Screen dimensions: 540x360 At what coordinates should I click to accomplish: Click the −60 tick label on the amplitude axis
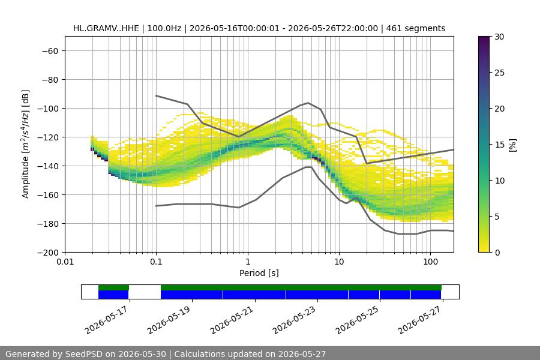click(x=50, y=51)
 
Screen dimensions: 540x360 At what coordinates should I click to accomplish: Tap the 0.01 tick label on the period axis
click(x=65, y=262)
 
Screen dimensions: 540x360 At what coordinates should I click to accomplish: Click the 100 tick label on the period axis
click(x=430, y=262)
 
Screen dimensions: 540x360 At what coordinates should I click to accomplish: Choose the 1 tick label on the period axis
click(x=248, y=262)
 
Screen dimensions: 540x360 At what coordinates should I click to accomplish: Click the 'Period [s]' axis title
click(x=259, y=273)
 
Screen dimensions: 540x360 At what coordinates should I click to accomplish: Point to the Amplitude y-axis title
click(x=26, y=144)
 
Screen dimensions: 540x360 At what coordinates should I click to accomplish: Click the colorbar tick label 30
click(x=499, y=37)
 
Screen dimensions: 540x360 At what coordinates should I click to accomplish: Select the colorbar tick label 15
click(x=499, y=145)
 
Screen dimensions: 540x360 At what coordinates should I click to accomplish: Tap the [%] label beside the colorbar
click(x=513, y=145)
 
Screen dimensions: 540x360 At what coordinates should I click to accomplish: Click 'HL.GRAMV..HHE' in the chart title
click(x=106, y=28)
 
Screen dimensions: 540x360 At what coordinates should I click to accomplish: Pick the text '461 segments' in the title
click(x=416, y=28)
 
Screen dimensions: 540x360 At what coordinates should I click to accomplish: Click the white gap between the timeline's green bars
click(x=145, y=287)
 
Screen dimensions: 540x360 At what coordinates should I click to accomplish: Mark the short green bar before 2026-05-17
click(x=113, y=287)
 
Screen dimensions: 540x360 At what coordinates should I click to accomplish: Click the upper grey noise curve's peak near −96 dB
click(x=308, y=103)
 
